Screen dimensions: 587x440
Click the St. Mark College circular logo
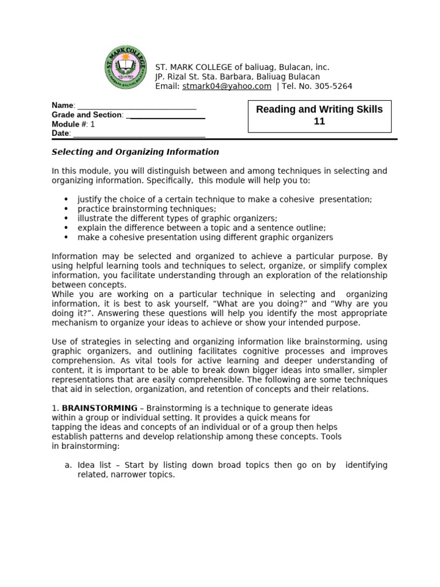pos(126,67)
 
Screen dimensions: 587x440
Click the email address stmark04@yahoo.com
pos(226,86)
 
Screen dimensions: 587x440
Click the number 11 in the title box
pos(319,122)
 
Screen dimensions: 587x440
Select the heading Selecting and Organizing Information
pos(135,152)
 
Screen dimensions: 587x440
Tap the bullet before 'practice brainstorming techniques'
pos(66,209)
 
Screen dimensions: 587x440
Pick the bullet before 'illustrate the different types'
pos(66,219)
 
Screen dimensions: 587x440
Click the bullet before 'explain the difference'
pos(66,228)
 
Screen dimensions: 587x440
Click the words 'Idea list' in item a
pos(95,465)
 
